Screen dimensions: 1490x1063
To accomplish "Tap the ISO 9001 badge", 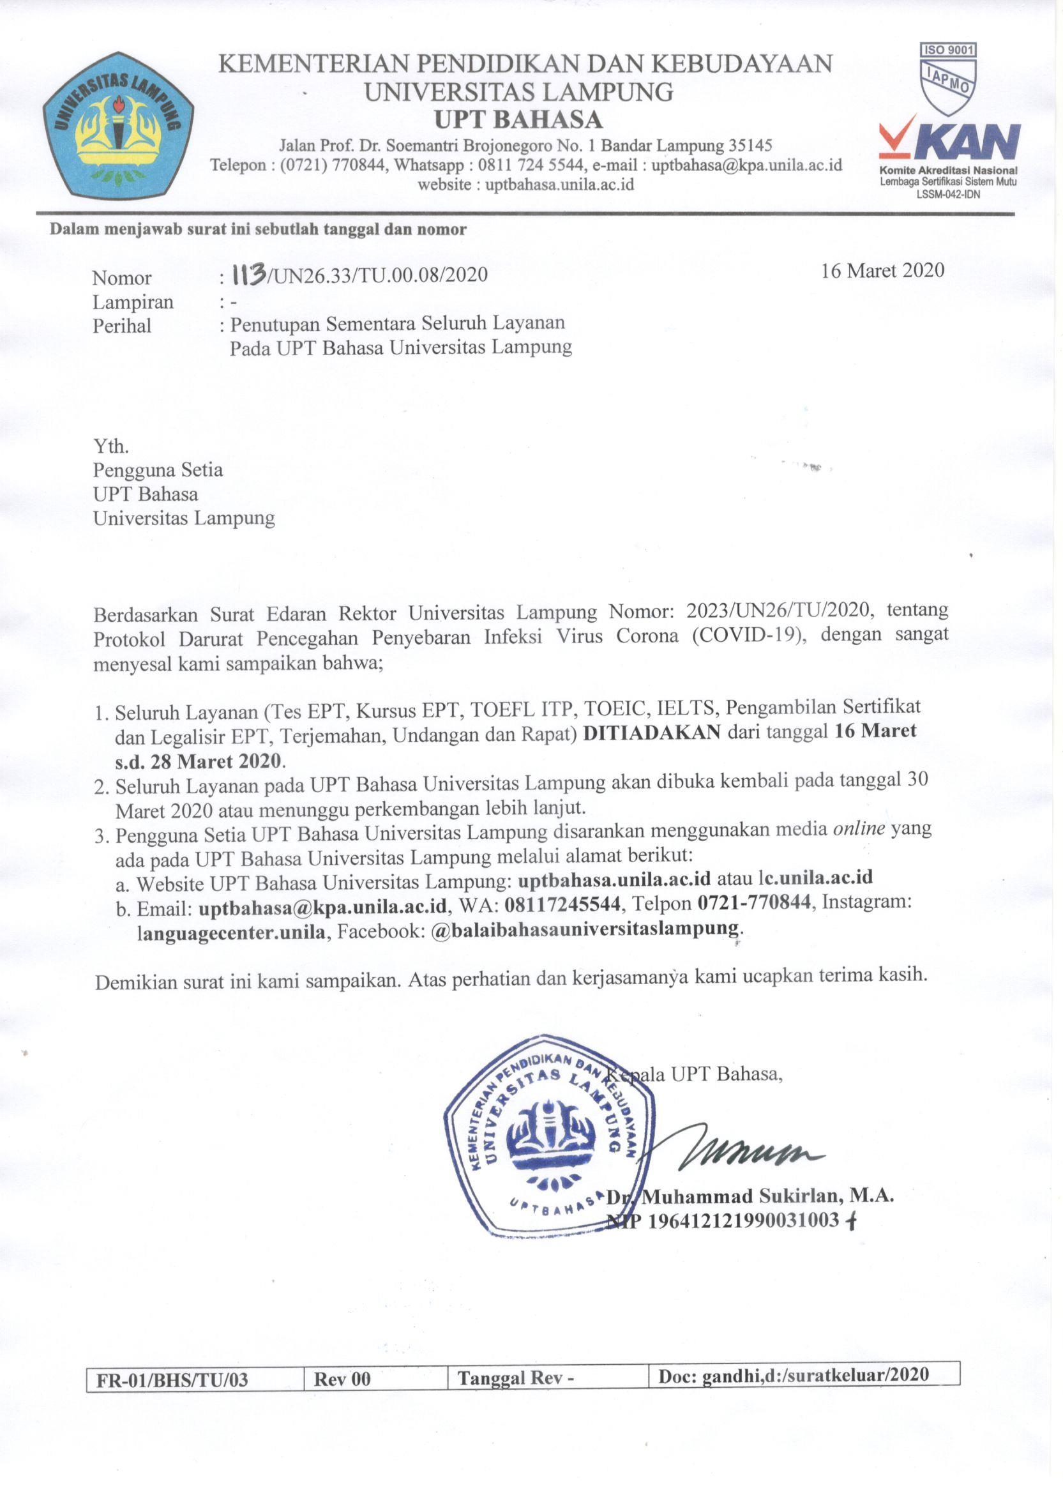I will pyautogui.click(x=948, y=74).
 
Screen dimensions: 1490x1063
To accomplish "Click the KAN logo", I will pyautogui.click(x=950, y=142).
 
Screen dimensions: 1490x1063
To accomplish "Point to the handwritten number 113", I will pyautogui.click(x=244, y=273).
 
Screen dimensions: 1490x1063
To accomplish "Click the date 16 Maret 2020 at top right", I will pyautogui.click(x=882, y=270).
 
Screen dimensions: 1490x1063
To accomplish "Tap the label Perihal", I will pyautogui.click(x=122, y=325).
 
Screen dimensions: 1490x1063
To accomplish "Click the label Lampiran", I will pyautogui.click(x=133, y=302).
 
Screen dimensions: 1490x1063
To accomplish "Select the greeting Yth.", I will pyautogui.click(x=110, y=446).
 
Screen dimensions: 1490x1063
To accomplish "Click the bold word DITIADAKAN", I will pyautogui.click(x=651, y=732).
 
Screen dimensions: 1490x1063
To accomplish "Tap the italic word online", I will pyautogui.click(x=859, y=829).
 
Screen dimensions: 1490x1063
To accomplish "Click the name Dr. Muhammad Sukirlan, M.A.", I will pyautogui.click(x=750, y=1196).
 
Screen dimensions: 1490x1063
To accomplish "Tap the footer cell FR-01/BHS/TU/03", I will pyautogui.click(x=172, y=1380).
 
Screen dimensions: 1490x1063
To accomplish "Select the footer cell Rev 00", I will pyautogui.click(x=342, y=1380).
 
